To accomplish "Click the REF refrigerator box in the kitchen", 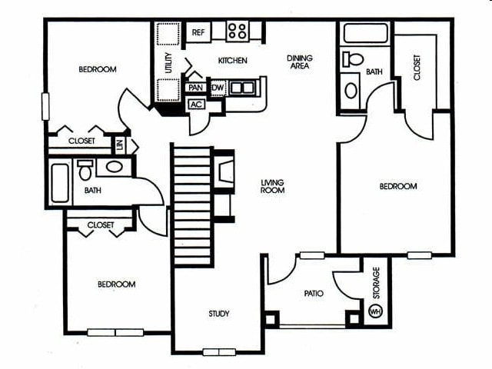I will (x=198, y=32).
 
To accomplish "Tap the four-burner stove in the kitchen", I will (x=238, y=32).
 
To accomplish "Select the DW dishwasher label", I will (x=217, y=88).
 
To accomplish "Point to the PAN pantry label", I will (x=195, y=88).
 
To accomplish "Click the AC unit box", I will (x=195, y=104).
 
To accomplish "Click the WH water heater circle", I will (x=375, y=311).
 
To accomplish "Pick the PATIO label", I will (x=313, y=293).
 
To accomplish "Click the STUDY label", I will (x=219, y=314).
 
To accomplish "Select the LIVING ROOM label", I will (x=273, y=186).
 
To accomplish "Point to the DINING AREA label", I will (x=300, y=61).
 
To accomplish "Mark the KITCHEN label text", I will (x=232, y=61).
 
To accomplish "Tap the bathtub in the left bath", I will (x=60, y=183).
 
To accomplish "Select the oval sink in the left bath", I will (x=114, y=166).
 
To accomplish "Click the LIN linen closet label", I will (x=119, y=143).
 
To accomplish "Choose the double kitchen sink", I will (x=241, y=88).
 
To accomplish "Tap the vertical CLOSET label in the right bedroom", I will (x=417, y=68).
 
